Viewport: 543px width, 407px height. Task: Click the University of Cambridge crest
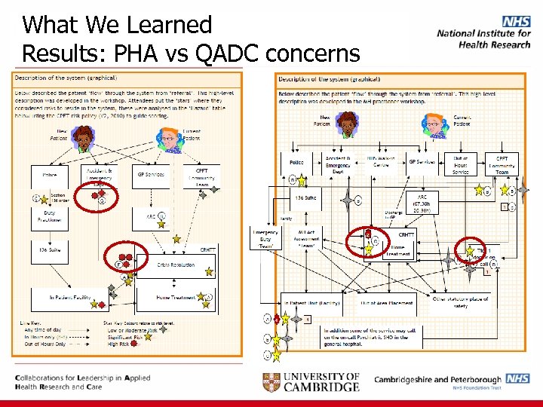(x=273, y=381)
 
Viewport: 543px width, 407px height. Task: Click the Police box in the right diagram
(x=296, y=162)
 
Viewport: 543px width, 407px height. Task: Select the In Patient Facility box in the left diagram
(x=70, y=298)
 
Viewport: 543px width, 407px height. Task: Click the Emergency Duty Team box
(x=265, y=238)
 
